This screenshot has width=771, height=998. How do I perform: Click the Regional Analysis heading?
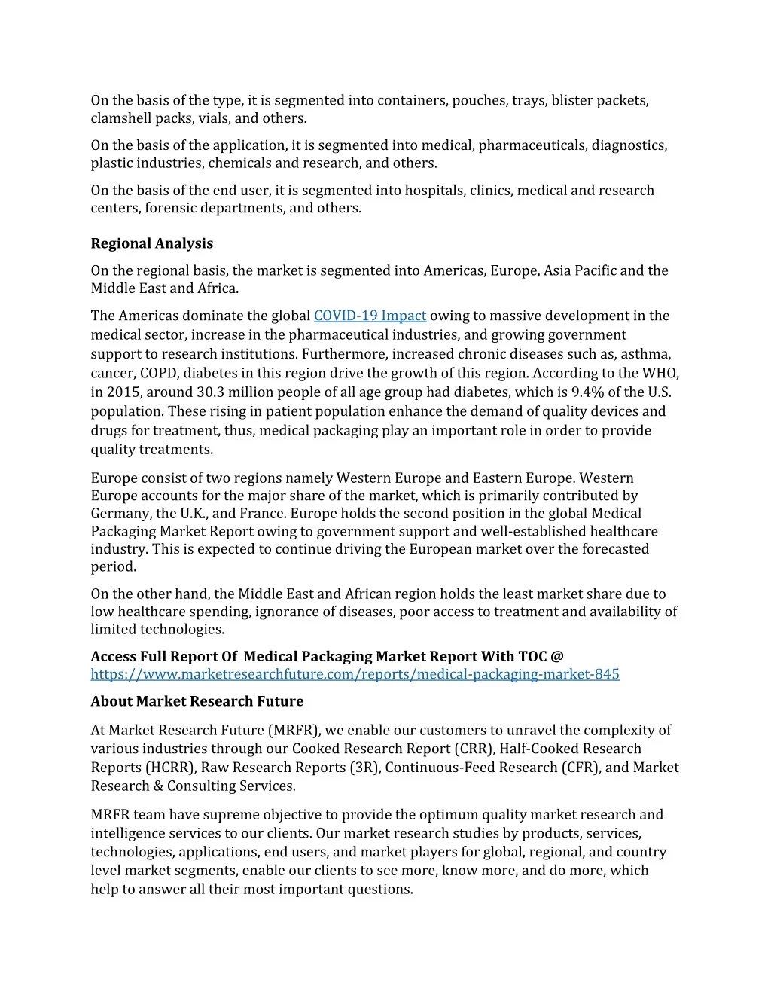[151, 243]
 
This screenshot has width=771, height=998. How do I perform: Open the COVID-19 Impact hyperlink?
[370, 316]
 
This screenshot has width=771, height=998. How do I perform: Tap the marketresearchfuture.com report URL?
[355, 674]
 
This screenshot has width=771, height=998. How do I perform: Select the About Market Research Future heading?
[197, 701]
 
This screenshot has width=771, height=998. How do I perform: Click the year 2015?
[123, 392]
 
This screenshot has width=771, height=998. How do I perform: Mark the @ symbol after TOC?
[557, 657]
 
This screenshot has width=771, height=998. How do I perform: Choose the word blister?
[571, 100]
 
